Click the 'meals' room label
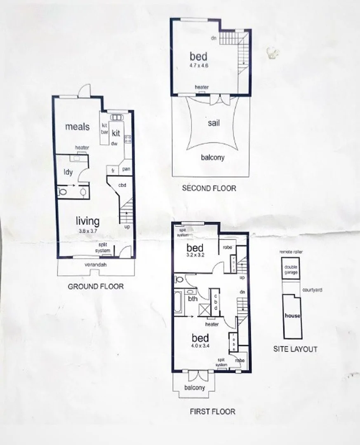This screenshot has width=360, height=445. pyautogui.click(x=77, y=126)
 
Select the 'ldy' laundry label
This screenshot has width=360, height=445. pyautogui.click(x=68, y=172)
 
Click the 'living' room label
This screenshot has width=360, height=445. pyautogui.click(x=87, y=221)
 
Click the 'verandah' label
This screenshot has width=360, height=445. pyautogui.click(x=96, y=265)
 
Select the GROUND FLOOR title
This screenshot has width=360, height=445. pyautogui.click(x=95, y=286)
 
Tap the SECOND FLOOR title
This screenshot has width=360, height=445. pyautogui.click(x=209, y=188)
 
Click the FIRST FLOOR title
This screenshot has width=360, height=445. pyautogui.click(x=212, y=411)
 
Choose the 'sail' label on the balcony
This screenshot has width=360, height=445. pyautogui.click(x=213, y=123)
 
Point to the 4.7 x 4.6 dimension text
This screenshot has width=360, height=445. pyautogui.click(x=198, y=65)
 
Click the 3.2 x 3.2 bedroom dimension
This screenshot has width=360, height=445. pyautogui.click(x=195, y=255)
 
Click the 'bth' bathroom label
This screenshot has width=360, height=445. pyautogui.click(x=192, y=299)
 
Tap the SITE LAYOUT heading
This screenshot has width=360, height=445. pyautogui.click(x=295, y=349)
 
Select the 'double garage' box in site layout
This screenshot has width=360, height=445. pyautogui.click(x=291, y=269)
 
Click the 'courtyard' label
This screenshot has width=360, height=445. pyautogui.click(x=312, y=290)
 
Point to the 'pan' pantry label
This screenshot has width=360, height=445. pyautogui.click(x=126, y=169)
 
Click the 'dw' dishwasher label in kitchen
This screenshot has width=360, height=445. pyautogui.click(x=114, y=143)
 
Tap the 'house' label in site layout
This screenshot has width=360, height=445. pyautogui.click(x=292, y=316)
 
